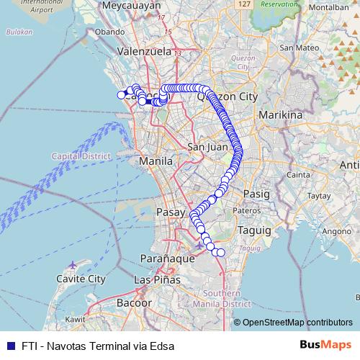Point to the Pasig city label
(256, 194)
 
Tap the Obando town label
(109, 32)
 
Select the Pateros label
(246, 210)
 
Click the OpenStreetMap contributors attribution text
(297, 322)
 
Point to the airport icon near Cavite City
(71, 265)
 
